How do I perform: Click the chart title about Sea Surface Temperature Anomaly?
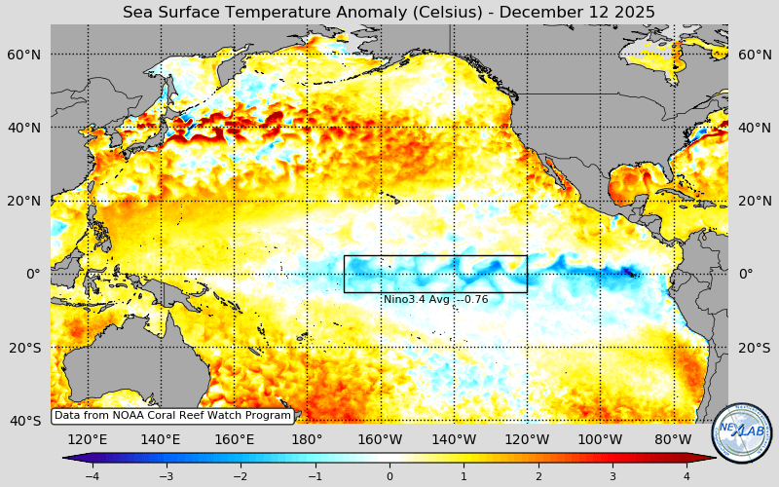[389, 12]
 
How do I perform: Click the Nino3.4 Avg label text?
[435, 299]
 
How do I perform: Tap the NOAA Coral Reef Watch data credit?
[172, 416]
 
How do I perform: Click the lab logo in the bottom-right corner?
[742, 433]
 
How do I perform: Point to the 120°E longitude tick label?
[88, 439]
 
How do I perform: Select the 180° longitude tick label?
[307, 439]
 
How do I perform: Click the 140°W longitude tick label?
[454, 439]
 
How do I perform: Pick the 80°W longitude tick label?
[673, 439]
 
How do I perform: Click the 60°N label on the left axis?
[24, 55]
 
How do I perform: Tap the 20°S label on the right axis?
[755, 348]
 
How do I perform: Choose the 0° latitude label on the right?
[746, 274]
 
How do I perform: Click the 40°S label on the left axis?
[24, 421]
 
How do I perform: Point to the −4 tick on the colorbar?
[92, 476]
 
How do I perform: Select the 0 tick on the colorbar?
[389, 476]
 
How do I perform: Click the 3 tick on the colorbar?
[612, 476]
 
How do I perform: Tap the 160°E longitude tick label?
[234, 439]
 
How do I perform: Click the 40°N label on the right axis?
[755, 128]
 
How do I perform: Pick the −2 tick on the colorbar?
[241, 476]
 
